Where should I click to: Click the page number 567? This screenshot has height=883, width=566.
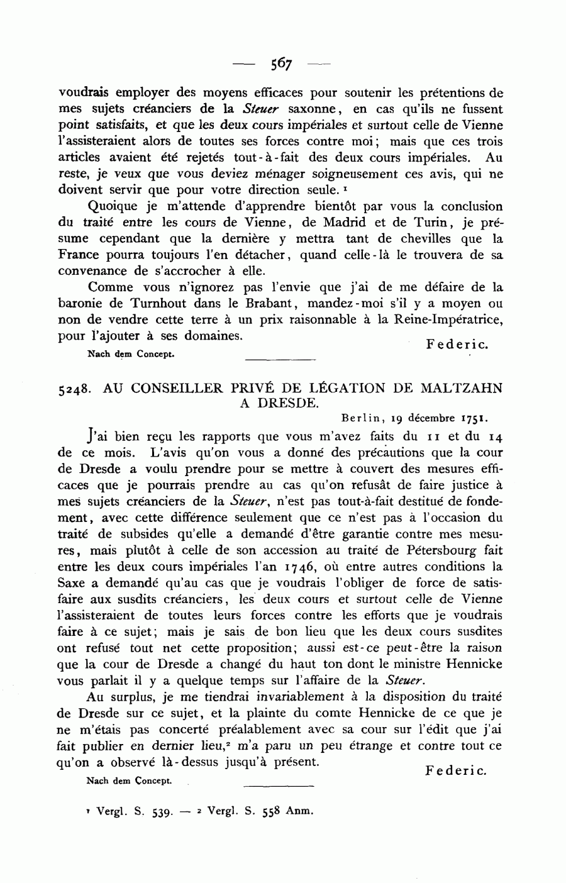click(x=282, y=63)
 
